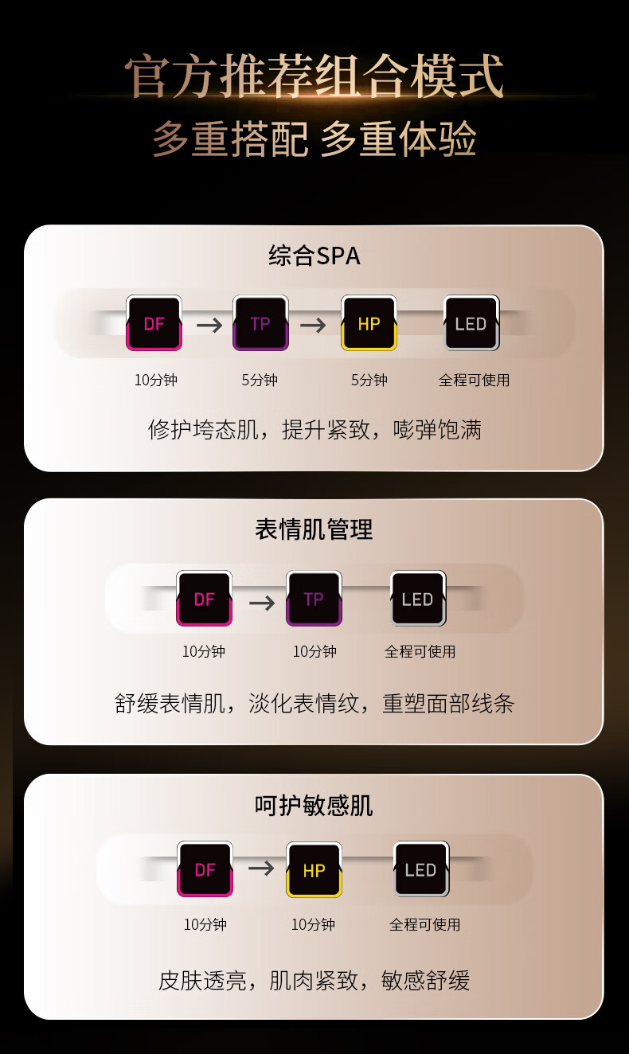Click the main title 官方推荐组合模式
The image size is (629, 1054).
[314, 77]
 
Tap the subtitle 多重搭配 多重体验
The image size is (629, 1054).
[314, 139]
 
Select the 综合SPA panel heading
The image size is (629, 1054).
[314, 256]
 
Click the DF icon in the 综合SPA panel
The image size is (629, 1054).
[154, 323]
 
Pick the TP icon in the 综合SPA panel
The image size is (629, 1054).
[260, 323]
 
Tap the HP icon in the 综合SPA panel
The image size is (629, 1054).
[369, 323]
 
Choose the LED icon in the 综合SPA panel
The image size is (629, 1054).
[471, 323]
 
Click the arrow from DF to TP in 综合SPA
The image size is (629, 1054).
[209, 325]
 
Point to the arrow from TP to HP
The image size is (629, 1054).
[313, 325]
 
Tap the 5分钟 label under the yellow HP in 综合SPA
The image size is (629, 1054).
[369, 380]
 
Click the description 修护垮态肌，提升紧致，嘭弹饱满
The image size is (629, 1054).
[314, 430]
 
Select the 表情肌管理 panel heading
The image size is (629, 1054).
[314, 529]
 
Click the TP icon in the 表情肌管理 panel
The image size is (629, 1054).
[314, 599]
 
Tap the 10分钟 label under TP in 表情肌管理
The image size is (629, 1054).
[314, 651]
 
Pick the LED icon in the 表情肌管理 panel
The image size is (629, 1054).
[417, 599]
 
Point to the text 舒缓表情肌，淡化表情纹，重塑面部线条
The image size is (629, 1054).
[314, 703]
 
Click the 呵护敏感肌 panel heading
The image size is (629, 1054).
[314, 806]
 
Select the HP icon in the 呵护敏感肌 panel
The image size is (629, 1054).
[314, 870]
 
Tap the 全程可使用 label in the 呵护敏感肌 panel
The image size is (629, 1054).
[424, 924]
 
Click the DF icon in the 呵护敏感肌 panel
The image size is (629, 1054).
[205, 870]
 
